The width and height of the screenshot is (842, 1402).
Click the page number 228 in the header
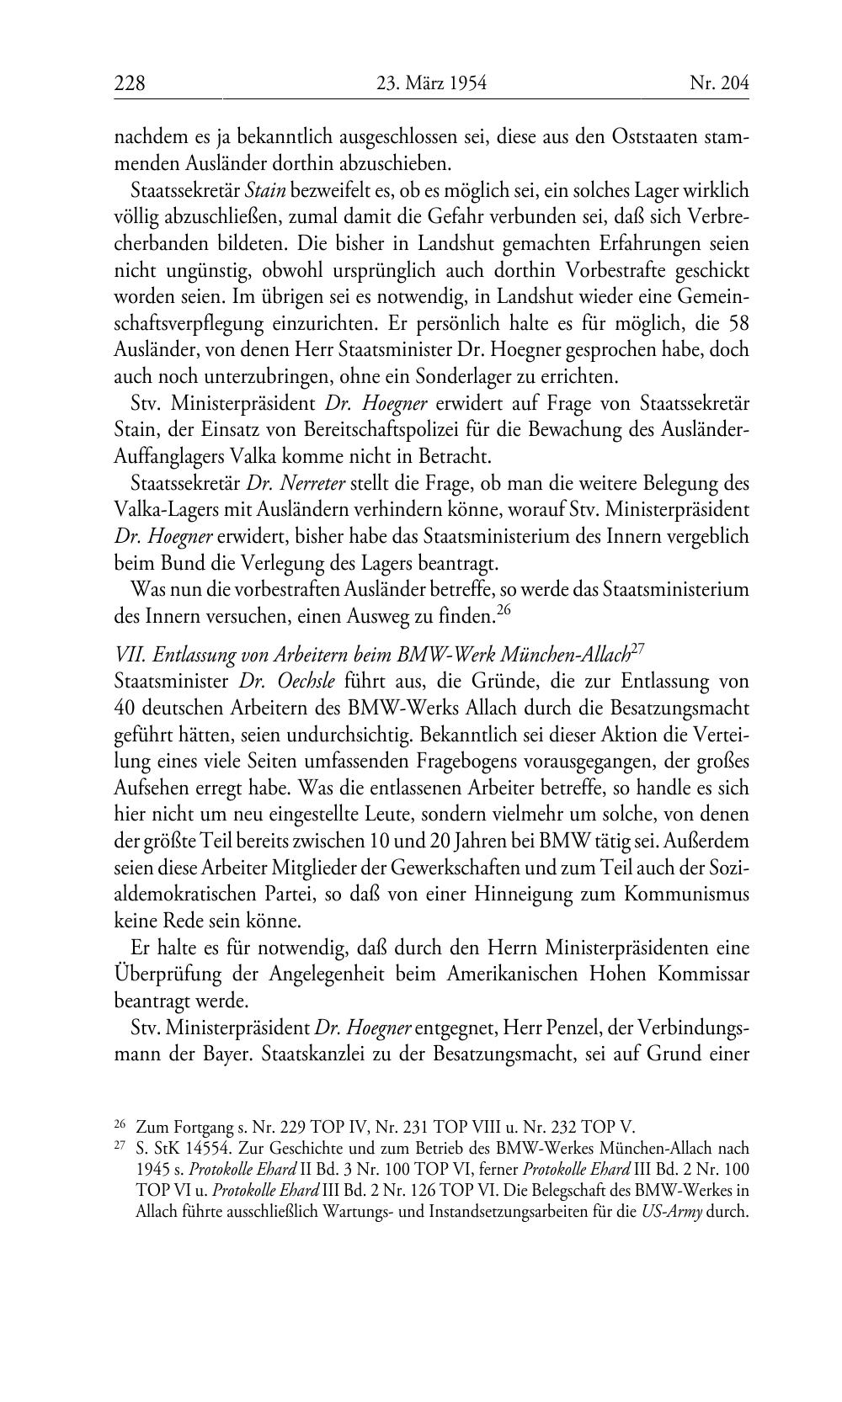(130, 83)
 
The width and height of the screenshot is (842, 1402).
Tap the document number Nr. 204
(718, 83)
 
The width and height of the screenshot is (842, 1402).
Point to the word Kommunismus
(686, 893)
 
